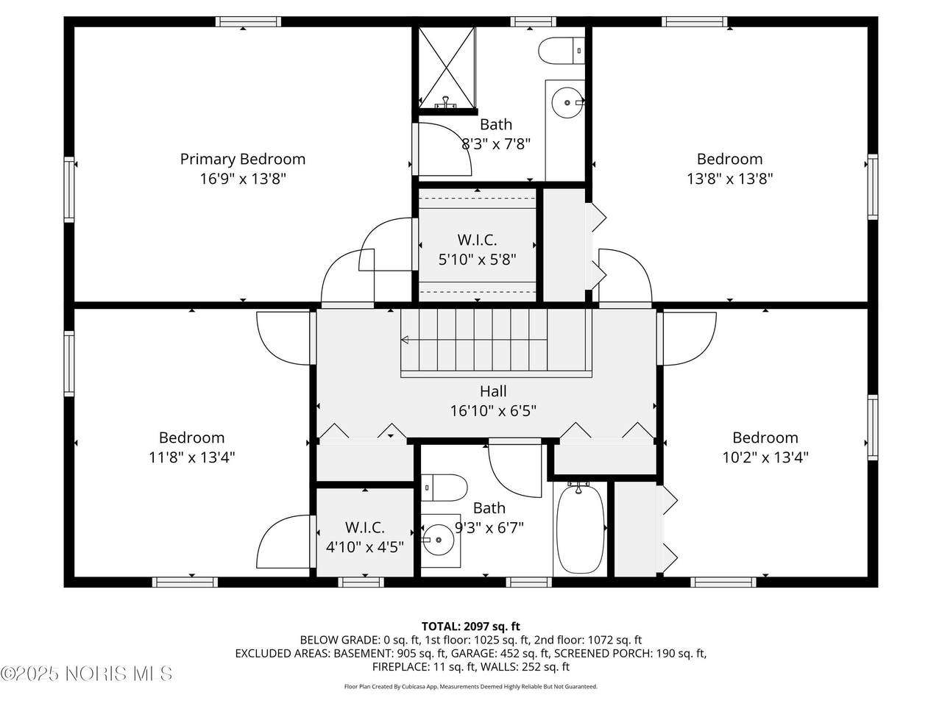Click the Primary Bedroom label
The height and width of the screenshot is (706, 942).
242,159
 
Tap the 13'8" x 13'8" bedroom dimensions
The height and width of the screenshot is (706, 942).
729,178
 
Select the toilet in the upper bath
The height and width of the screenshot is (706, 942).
562,51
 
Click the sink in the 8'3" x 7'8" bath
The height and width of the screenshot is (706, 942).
567,102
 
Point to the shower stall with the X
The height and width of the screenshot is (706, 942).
447,68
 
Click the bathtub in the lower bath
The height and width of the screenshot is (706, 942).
580,528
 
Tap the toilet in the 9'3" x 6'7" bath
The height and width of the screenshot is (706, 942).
444,488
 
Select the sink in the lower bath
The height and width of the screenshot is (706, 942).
438,540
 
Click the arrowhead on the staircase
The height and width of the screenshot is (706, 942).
404,340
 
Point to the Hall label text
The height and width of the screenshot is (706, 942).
493,391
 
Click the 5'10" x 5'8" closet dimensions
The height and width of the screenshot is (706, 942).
477,260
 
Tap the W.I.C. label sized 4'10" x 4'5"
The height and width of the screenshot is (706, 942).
365,527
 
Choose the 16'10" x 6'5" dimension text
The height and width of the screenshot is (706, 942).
493,410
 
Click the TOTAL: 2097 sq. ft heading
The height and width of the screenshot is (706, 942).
471,627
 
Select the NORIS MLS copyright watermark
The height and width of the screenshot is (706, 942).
86,674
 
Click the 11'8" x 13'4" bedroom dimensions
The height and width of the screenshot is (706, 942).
191,457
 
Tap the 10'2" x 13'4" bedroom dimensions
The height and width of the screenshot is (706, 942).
765,457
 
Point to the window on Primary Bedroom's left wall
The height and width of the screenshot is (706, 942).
69,190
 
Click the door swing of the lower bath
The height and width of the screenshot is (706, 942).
515,471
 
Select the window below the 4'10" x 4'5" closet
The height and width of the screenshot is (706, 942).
361,582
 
